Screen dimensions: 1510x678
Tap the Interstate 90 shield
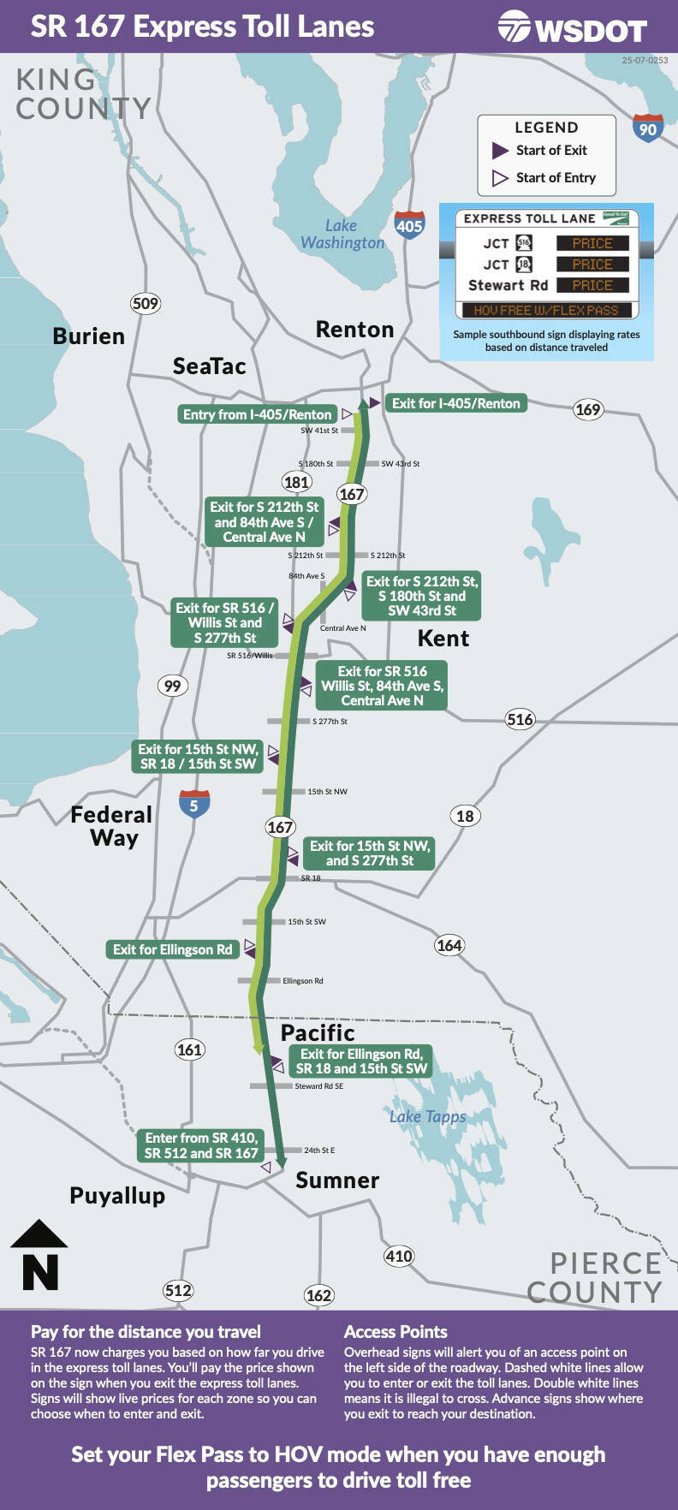click(x=648, y=128)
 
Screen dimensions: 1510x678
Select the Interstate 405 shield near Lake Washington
click(x=409, y=224)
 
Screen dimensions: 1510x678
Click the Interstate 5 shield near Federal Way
click(x=194, y=804)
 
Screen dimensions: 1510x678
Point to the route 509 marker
click(x=146, y=303)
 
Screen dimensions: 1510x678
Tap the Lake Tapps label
click(x=427, y=1116)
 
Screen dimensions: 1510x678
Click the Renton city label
click(x=354, y=330)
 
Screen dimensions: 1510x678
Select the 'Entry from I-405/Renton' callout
click(x=257, y=414)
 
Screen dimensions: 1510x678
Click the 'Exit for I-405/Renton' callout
click(x=455, y=403)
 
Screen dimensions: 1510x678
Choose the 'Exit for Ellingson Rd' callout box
click(x=172, y=949)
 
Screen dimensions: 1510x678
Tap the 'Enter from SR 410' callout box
click(x=201, y=1145)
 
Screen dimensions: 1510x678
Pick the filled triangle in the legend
click(x=501, y=151)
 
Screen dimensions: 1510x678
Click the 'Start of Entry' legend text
click(x=556, y=178)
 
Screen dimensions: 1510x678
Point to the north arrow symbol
click(x=39, y=1254)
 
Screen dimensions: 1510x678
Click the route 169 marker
click(x=587, y=409)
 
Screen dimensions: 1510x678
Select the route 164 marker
click(x=449, y=945)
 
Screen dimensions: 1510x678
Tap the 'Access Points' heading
click(x=395, y=1332)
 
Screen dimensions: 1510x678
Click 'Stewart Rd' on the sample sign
click(x=508, y=286)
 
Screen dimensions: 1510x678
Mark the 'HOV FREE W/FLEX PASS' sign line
click(x=545, y=310)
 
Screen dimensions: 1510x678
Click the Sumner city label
click(x=336, y=1180)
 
